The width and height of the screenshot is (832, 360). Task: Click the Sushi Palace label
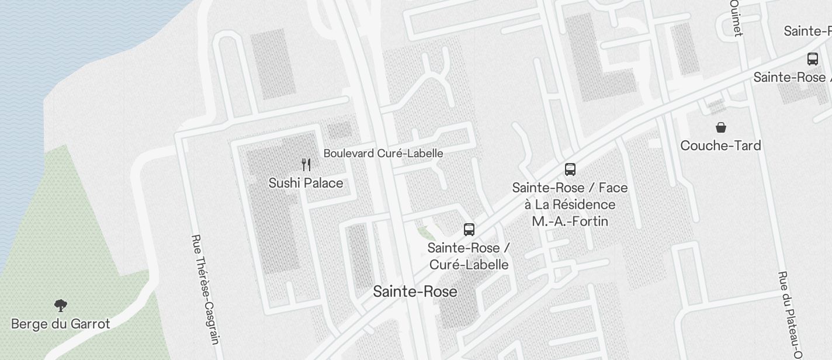tap(306, 183)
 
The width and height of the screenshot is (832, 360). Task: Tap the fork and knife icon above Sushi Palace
tap(306, 164)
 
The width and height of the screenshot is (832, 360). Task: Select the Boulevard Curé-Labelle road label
tap(383, 153)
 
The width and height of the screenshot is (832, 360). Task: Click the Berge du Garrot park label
tap(60, 324)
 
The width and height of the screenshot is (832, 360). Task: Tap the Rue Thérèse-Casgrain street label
tap(205, 289)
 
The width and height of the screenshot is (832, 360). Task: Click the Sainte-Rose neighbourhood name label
tap(415, 291)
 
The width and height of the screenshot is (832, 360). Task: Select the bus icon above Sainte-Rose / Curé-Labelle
tap(469, 229)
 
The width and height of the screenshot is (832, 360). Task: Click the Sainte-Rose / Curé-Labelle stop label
tap(469, 256)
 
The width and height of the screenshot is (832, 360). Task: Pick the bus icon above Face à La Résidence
tap(570, 169)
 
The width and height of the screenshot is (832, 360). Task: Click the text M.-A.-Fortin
tap(570, 221)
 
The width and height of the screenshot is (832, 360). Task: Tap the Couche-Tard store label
tap(720, 145)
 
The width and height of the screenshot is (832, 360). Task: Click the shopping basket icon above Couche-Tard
tap(721, 127)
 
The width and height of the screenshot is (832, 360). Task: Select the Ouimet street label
tap(736, 18)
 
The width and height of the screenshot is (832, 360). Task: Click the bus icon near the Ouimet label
tap(812, 58)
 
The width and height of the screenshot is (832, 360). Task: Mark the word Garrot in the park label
tap(90, 324)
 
